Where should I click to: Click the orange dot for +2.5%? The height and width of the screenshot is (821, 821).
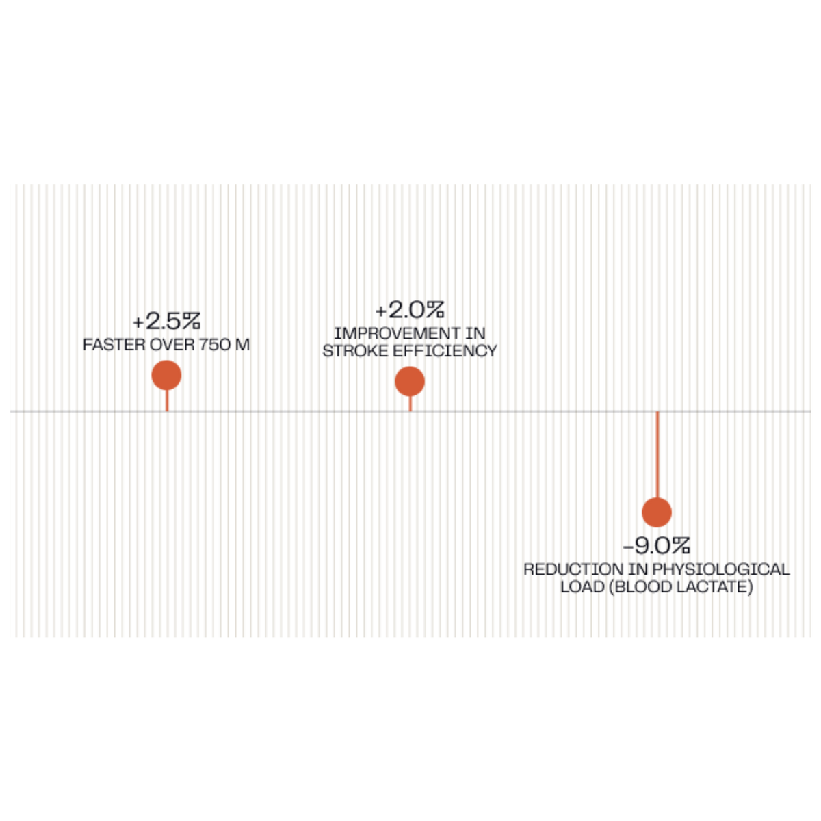(166, 375)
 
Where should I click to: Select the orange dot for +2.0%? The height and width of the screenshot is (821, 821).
(409, 381)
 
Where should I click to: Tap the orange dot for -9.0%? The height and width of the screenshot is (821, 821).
(657, 512)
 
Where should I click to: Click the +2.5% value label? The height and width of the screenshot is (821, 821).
(166, 322)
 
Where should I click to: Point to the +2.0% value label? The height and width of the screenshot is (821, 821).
(410, 310)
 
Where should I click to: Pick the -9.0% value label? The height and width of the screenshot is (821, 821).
(657, 546)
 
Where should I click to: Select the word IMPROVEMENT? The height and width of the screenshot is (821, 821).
(391, 333)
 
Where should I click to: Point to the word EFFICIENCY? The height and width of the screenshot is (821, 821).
(445, 351)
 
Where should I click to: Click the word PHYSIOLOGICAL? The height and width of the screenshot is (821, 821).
(721, 569)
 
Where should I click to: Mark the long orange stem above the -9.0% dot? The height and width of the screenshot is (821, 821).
(657, 454)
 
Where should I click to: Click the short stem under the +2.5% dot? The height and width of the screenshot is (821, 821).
(167, 400)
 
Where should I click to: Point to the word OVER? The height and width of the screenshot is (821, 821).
(172, 345)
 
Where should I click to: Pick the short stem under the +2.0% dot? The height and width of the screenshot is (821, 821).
(410, 404)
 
